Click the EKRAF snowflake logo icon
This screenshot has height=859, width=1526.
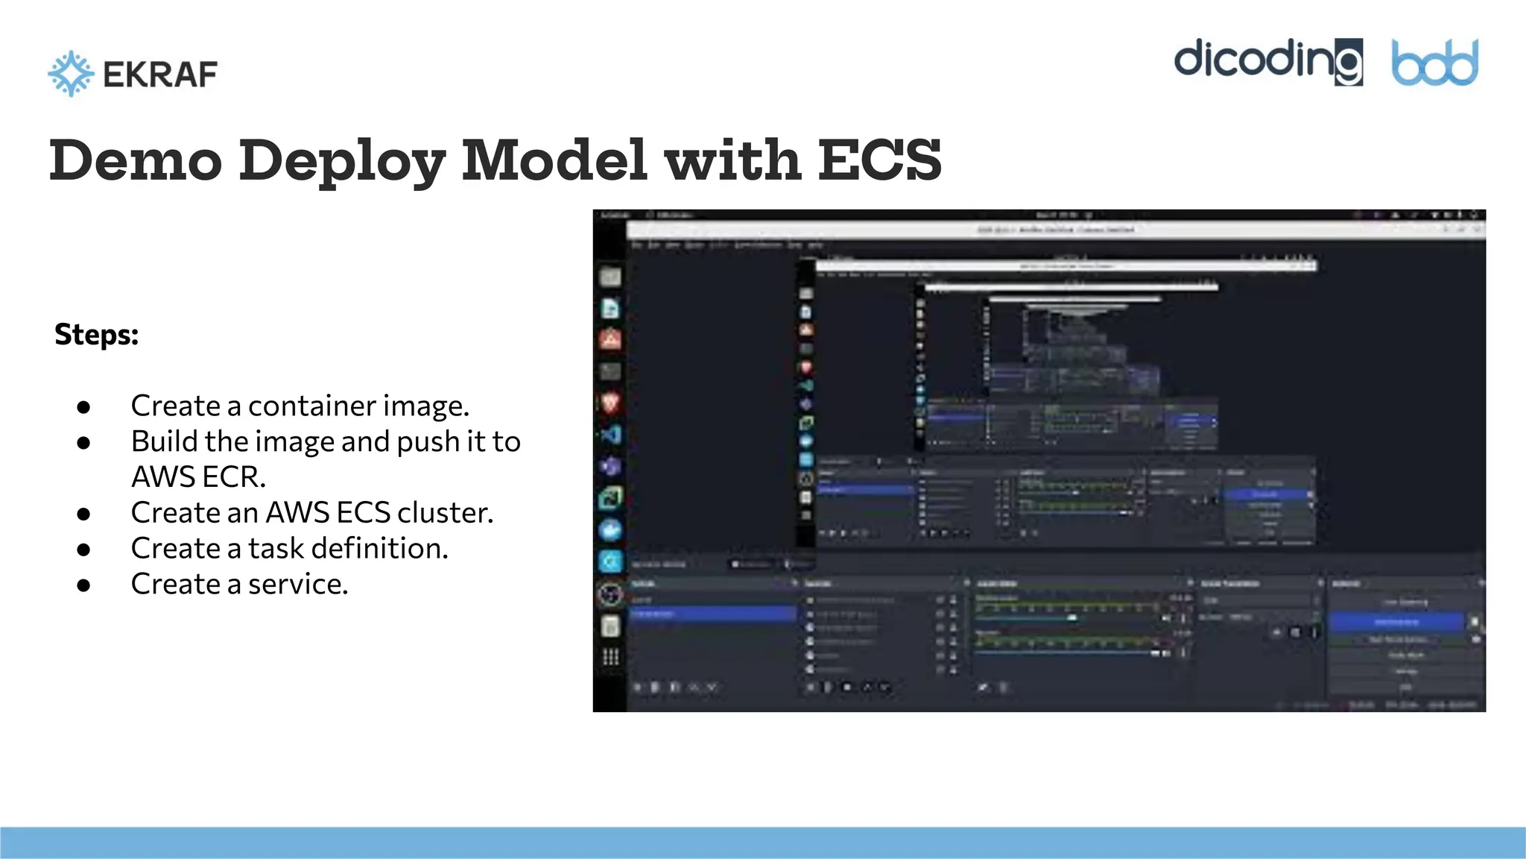pyautogui.click(x=71, y=74)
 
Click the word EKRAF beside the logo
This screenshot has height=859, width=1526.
pyautogui.click(x=160, y=75)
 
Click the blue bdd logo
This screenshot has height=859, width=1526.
pyautogui.click(x=1434, y=63)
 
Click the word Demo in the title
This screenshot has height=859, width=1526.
pyautogui.click(x=136, y=160)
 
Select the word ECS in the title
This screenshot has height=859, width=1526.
pyautogui.click(x=879, y=160)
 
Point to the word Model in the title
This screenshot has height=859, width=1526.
pyautogui.click(x=554, y=160)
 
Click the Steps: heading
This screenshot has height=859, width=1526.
pyautogui.click(x=96, y=335)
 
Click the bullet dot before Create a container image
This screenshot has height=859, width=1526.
pyautogui.click(x=83, y=407)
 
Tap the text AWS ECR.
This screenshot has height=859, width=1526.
pyautogui.click(x=197, y=477)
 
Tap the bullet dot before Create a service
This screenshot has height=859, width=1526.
pyautogui.click(x=83, y=585)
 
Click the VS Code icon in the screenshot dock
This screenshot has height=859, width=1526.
pyautogui.click(x=611, y=435)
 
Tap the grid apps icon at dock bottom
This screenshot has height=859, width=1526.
pyautogui.click(x=610, y=657)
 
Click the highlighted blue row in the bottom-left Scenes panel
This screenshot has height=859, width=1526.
pyautogui.click(x=713, y=614)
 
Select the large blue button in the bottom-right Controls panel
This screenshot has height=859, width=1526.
pyautogui.click(x=1396, y=622)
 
